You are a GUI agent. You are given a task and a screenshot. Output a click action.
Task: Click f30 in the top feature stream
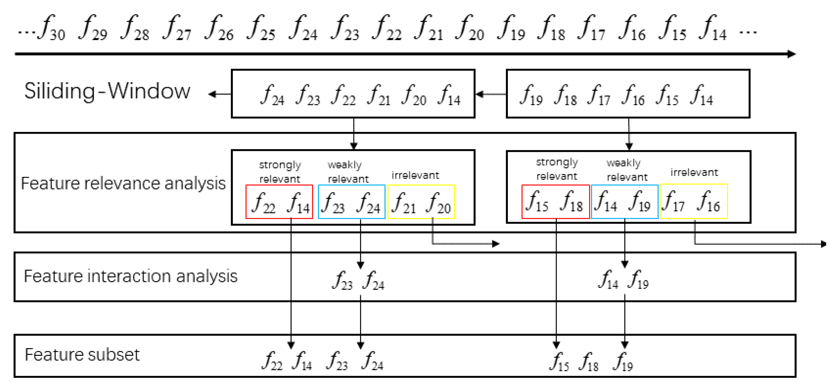(x=52, y=28)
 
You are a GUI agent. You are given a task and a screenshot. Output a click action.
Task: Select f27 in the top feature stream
(x=177, y=28)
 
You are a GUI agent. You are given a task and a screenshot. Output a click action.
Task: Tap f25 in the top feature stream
(x=261, y=28)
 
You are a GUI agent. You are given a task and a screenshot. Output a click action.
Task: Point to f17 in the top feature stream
(x=591, y=28)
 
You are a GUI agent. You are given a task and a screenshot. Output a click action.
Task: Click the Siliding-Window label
(x=107, y=91)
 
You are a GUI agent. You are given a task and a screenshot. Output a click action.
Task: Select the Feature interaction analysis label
(x=130, y=276)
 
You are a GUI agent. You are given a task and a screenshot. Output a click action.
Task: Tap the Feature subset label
(x=82, y=355)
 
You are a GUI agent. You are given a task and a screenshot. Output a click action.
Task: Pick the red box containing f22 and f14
(x=279, y=202)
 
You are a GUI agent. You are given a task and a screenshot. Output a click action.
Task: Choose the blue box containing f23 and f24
(x=352, y=202)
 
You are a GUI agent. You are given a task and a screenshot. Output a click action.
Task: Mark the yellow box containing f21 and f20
(x=421, y=202)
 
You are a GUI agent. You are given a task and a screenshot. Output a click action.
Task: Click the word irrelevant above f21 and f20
(x=415, y=175)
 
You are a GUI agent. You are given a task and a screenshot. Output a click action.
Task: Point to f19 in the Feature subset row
(x=623, y=362)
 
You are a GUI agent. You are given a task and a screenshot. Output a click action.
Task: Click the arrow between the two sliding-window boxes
(x=490, y=94)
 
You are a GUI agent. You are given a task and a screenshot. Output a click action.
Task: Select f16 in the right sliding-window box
(x=633, y=95)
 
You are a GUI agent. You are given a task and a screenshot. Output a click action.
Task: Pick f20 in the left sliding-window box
(x=414, y=95)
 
